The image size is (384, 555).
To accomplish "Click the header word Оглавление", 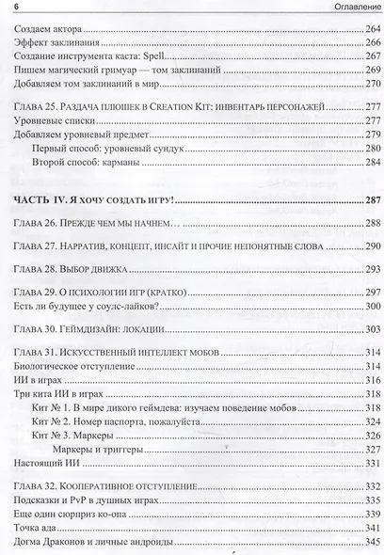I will point(344,8).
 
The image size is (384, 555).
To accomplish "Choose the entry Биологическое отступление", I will point(67,364).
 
